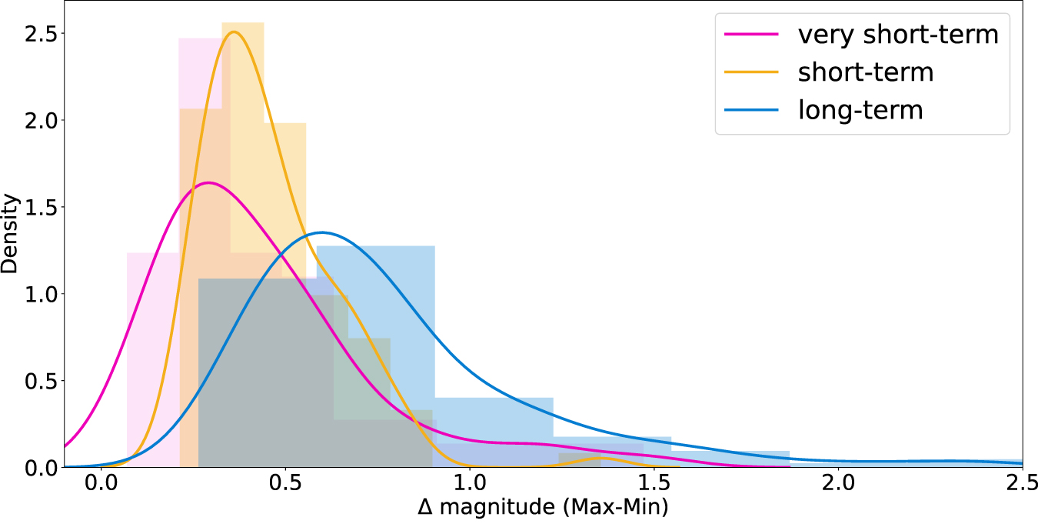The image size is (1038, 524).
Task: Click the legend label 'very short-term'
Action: click(898, 35)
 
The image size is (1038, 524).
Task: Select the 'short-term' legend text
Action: click(866, 72)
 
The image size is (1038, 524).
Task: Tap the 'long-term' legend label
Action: click(860, 110)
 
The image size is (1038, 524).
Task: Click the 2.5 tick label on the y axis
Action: click(38, 34)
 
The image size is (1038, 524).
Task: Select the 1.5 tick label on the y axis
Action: click(38, 207)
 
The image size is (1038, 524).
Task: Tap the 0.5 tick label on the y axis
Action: click(38, 380)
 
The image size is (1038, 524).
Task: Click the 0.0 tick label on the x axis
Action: click(101, 487)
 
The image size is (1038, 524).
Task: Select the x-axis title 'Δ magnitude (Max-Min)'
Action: click(543, 509)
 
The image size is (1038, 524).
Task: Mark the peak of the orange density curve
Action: click(234, 32)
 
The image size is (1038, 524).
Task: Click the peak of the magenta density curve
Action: click(208, 182)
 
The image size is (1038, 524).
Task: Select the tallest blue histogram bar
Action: click(375, 354)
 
